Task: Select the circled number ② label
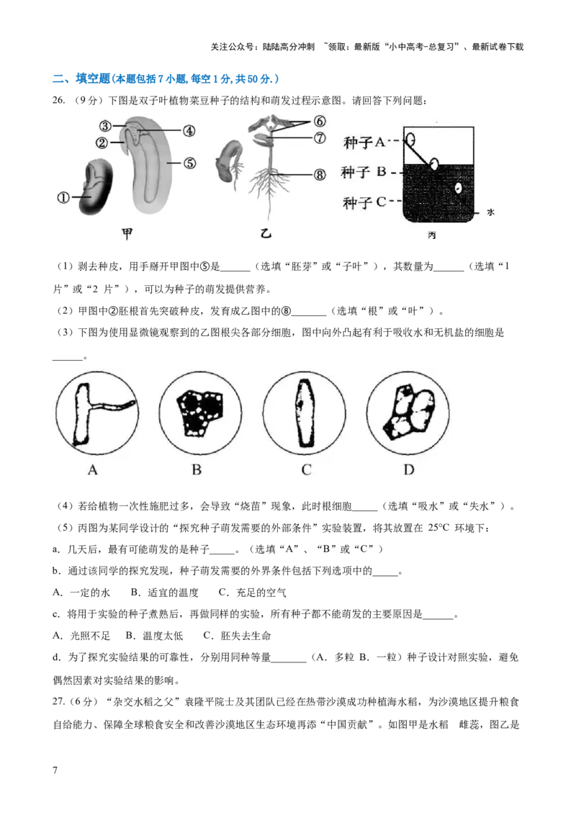click(x=102, y=143)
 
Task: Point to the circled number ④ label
click(x=188, y=131)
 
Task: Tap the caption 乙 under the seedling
click(x=266, y=233)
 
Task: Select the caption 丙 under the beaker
click(x=431, y=237)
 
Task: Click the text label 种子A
click(x=366, y=143)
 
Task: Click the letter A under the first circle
click(x=91, y=470)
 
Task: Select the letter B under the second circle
click(x=196, y=470)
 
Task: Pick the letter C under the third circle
click(x=306, y=470)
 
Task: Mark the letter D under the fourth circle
click(x=409, y=470)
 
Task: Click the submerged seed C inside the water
click(x=459, y=189)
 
